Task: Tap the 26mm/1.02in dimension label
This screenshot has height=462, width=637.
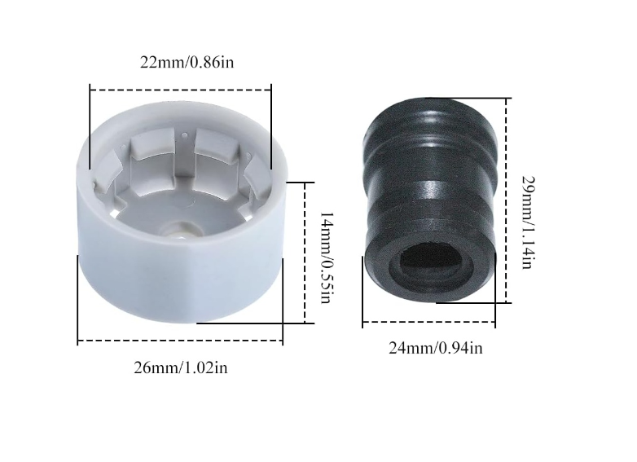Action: [x=180, y=367]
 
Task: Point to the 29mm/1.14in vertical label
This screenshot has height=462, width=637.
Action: [x=528, y=222]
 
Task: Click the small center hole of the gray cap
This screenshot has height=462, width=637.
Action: [x=180, y=229]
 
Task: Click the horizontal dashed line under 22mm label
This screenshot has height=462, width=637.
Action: [x=180, y=90]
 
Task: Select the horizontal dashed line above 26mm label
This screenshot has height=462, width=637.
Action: [x=180, y=341]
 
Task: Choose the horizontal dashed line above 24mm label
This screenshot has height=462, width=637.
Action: [x=428, y=323]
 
